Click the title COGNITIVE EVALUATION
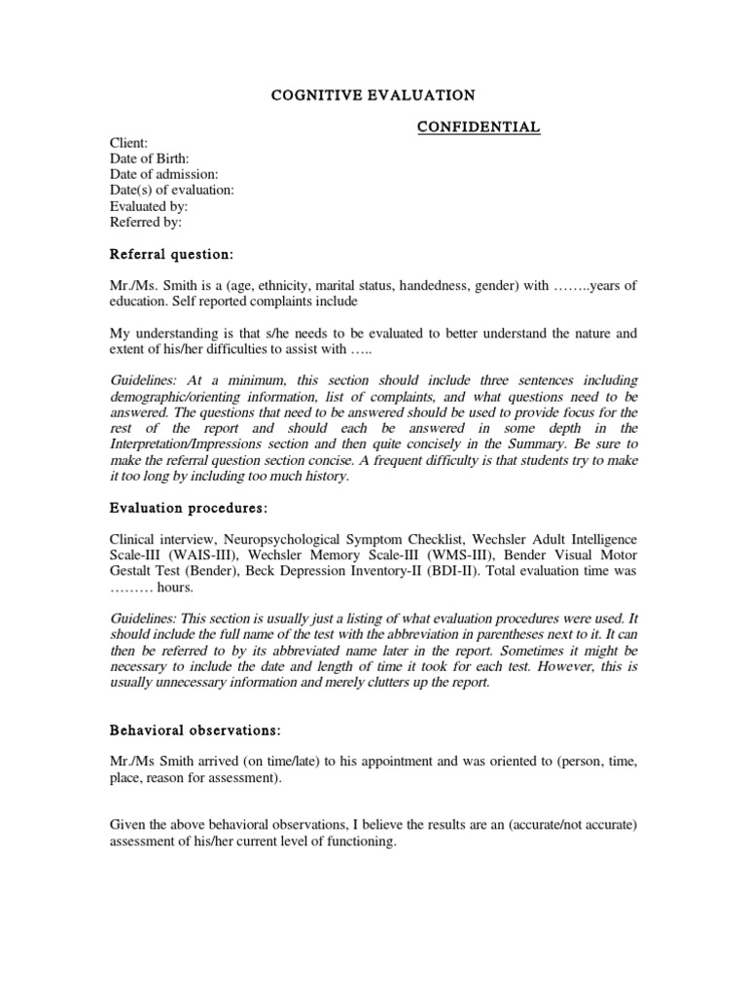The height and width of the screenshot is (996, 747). [x=373, y=95]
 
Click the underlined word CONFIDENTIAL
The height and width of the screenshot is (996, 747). [x=480, y=127]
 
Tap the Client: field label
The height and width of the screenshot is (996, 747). [x=128, y=142]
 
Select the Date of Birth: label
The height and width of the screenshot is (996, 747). [x=150, y=159]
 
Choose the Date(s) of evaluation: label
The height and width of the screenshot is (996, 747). [x=171, y=191]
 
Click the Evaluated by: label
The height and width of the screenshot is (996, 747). [x=149, y=206]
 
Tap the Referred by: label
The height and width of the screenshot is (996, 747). [x=146, y=222]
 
